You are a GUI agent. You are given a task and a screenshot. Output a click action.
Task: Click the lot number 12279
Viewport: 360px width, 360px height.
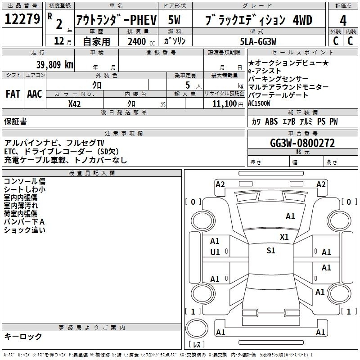coord(22,19)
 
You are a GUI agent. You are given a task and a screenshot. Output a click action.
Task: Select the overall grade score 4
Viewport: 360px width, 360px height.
coord(343,21)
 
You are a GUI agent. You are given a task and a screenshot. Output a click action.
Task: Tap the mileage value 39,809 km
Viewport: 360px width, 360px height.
coord(54,65)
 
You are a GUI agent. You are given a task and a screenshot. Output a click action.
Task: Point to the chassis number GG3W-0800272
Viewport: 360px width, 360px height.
coord(302,143)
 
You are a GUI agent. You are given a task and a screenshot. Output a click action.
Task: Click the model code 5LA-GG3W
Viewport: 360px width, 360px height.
coord(258,41)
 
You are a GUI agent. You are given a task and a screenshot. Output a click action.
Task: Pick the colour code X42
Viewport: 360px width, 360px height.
coord(74,104)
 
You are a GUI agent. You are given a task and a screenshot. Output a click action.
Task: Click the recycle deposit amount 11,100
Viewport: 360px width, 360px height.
coord(224,104)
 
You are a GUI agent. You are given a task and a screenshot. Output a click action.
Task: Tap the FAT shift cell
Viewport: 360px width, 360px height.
coord(13,94)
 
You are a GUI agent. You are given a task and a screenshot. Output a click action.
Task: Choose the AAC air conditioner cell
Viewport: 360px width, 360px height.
coord(35,94)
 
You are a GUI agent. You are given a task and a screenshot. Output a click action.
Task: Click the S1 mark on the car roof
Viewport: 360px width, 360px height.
coord(271,251)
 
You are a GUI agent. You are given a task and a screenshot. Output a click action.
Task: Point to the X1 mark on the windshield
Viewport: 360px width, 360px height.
coord(284,237)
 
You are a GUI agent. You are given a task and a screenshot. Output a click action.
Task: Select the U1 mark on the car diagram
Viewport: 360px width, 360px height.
coord(215,252)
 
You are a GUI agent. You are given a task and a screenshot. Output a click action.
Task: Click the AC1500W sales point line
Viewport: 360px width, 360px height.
coord(259,103)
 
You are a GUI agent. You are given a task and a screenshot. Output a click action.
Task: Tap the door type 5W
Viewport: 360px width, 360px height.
coord(174,20)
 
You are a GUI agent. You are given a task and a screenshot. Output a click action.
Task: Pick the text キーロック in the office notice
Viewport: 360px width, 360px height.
coord(23,336)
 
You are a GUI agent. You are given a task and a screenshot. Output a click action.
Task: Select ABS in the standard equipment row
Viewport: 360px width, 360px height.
coord(271,121)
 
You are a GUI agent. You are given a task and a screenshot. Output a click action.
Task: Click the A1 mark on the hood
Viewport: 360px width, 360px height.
coord(290,216)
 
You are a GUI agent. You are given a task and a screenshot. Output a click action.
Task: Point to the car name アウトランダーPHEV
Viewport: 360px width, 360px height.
coord(117,20)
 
